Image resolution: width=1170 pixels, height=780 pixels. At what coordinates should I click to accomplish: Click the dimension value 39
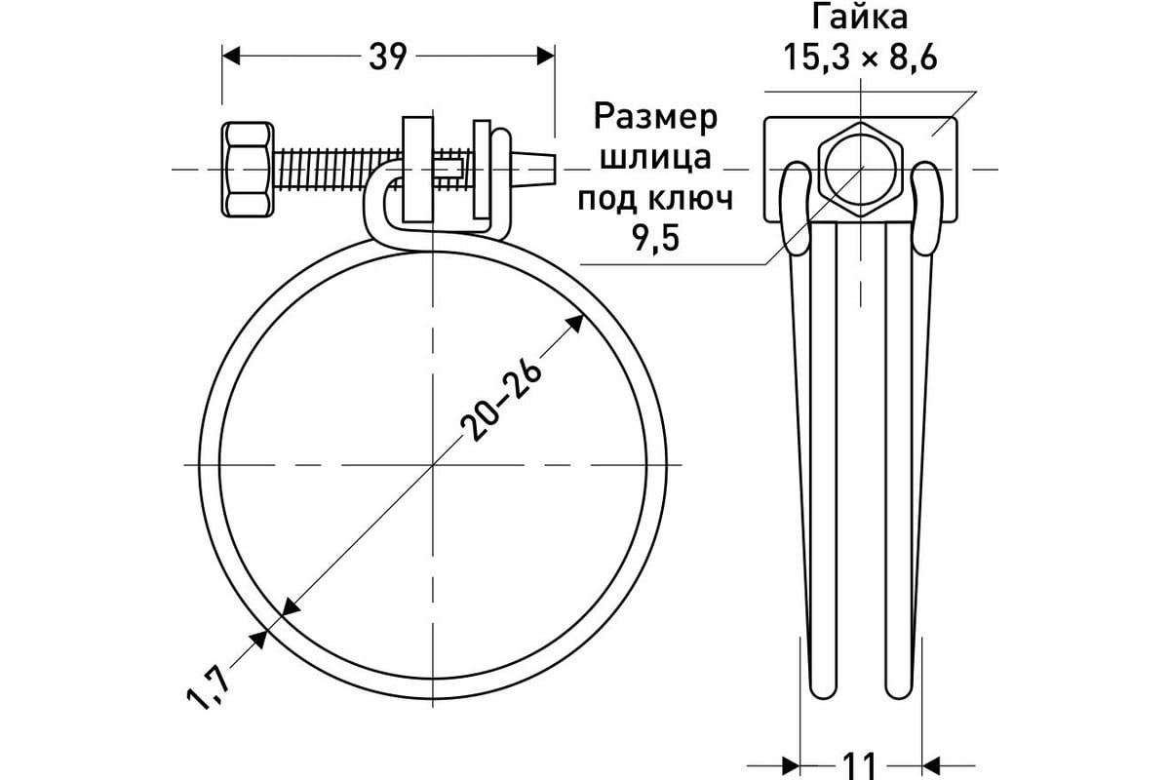pyautogui.click(x=388, y=58)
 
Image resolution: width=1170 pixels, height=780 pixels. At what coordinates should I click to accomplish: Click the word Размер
pyautogui.click(x=656, y=117)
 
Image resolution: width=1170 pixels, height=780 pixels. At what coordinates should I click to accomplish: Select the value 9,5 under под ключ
pyautogui.click(x=656, y=237)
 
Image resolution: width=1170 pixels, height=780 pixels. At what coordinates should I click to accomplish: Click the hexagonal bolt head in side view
pyautogui.click(x=248, y=170)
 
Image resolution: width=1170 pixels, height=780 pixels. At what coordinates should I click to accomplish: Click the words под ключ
pyautogui.click(x=656, y=198)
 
